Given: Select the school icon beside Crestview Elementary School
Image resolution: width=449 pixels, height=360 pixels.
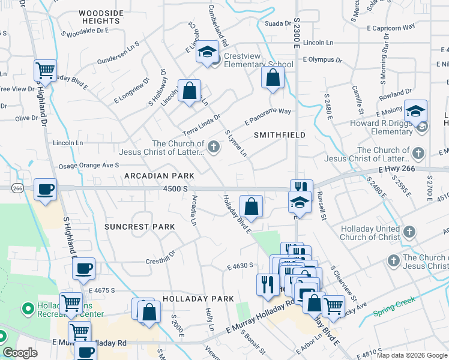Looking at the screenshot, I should click(x=207, y=52).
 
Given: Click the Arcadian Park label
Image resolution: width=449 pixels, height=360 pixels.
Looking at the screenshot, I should click(x=159, y=176).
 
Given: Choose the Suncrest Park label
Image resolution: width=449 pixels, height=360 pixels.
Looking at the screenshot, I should click(x=139, y=227).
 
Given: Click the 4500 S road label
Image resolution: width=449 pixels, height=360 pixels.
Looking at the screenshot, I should click(x=177, y=188).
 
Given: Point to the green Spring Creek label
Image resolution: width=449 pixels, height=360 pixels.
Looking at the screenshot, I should click(x=393, y=313).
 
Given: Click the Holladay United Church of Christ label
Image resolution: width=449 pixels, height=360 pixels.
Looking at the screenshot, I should click(x=370, y=233).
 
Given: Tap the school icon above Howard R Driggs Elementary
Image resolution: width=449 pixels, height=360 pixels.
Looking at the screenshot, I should click(x=415, y=110).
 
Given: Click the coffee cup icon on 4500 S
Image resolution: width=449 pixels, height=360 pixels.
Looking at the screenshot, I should click(x=46, y=190).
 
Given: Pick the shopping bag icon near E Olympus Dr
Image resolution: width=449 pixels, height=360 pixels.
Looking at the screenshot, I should click(x=273, y=77).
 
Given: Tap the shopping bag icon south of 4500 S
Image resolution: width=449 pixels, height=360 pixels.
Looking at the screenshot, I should click(x=251, y=206).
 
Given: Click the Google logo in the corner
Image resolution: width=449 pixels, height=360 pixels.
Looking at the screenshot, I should click(x=20, y=353).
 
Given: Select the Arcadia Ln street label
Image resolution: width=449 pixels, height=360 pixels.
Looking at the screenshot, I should click(x=193, y=214).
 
